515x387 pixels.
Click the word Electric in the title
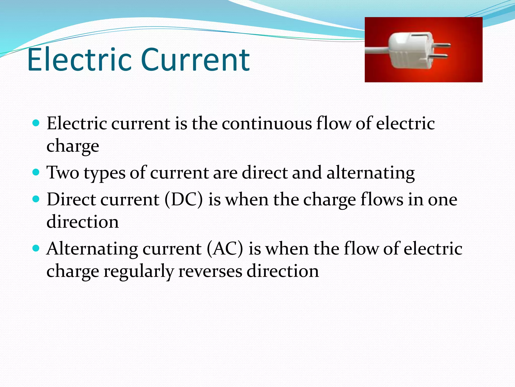click(79, 60)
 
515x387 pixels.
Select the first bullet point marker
click(36, 123)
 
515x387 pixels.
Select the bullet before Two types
click(36, 173)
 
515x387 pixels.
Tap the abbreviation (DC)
click(184, 200)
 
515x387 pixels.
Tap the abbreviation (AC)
click(225, 249)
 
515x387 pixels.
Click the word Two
click(63, 173)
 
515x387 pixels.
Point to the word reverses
click(210, 271)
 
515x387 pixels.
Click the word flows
click(382, 200)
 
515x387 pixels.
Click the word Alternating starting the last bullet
click(92, 249)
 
